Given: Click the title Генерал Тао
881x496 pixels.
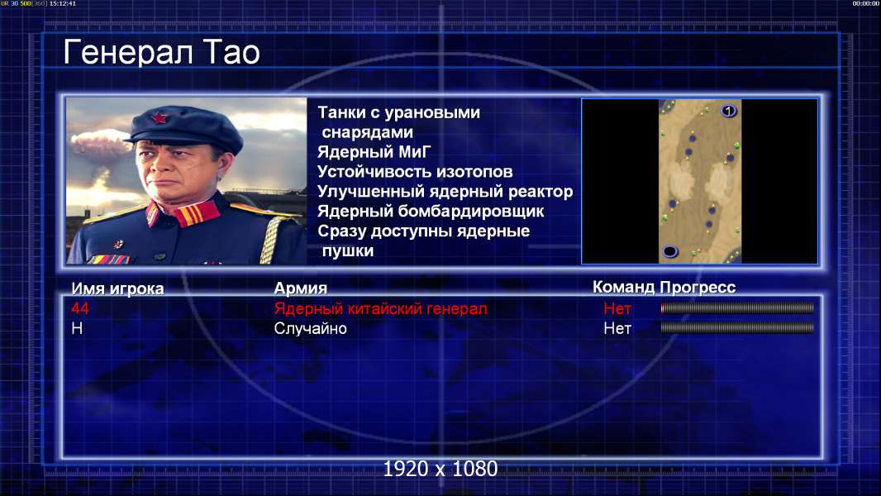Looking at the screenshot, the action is click(161, 52).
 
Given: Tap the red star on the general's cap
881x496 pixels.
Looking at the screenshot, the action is click(160, 118).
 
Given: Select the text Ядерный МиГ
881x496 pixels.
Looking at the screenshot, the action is click(374, 151).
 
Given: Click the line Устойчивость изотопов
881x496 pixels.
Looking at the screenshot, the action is click(415, 171).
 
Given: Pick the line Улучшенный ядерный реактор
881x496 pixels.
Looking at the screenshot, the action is click(445, 192).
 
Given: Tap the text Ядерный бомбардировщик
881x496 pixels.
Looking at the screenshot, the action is click(431, 211).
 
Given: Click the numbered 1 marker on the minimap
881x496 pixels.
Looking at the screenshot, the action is click(728, 111).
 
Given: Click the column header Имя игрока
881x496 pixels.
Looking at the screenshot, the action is click(117, 289).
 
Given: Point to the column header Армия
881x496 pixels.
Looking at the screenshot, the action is click(301, 289).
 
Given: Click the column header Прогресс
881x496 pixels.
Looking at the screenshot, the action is click(698, 288).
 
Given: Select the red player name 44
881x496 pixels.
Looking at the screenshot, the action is click(80, 308).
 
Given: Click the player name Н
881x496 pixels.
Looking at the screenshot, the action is click(77, 328).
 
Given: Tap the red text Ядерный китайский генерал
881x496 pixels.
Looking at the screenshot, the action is click(380, 308).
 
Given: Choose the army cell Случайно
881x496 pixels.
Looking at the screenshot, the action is click(310, 328).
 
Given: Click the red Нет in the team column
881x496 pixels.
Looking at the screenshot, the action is click(617, 308).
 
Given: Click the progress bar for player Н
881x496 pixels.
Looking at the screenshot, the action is click(737, 327).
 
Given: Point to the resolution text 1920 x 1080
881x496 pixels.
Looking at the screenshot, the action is click(440, 469).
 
